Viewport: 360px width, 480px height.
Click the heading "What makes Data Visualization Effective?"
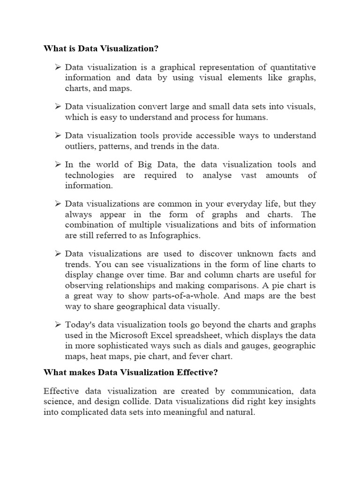tap(131, 373)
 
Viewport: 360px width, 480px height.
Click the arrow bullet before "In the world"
tap(58, 165)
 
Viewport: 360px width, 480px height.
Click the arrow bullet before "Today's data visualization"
tap(58, 324)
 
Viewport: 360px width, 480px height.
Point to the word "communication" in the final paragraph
tap(263, 391)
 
